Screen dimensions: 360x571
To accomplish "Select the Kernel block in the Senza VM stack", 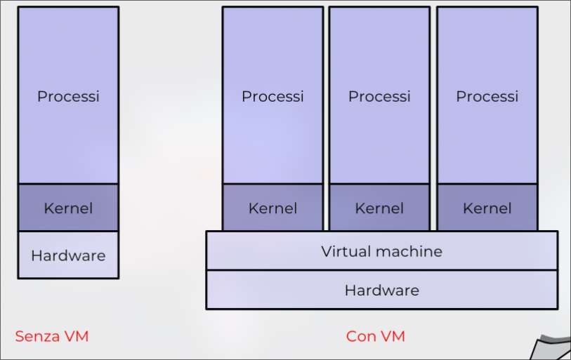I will tap(68, 208).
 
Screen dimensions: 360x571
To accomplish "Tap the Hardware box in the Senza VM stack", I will tap(68, 255).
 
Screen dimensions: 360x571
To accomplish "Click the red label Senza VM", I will tap(52, 336).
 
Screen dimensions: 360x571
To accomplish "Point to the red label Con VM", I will tap(376, 336).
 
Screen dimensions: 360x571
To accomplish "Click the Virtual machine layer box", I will tap(381, 251).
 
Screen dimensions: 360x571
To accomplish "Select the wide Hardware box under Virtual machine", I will tap(381, 290).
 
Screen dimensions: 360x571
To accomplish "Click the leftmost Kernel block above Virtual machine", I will tap(273, 208).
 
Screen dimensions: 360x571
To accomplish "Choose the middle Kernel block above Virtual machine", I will tap(379, 208).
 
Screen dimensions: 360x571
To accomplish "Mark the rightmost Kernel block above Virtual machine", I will tap(487, 208).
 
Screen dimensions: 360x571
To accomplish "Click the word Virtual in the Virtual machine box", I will tap(344, 251).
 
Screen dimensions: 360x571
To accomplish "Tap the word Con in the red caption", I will tap(361, 336).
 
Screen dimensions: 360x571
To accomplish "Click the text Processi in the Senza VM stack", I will tap(68, 96).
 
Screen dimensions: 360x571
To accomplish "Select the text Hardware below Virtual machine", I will tap(381, 290).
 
